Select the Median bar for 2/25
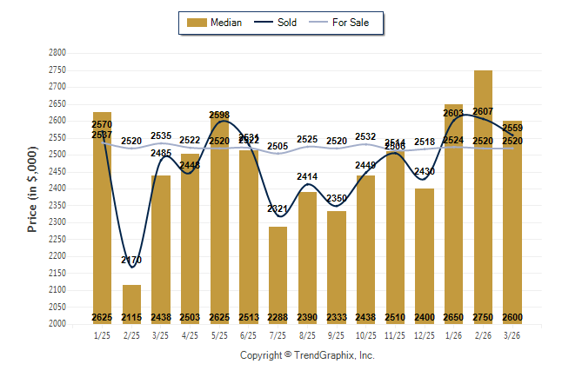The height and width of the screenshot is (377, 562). pos(131,304)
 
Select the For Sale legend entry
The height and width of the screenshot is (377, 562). pos(351,23)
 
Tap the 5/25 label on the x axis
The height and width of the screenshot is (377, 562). pos(219,334)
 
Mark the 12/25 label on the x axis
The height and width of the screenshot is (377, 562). pos(425,334)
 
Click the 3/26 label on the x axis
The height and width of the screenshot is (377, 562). pos(512,334)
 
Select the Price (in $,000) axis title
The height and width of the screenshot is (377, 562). pos(32,188)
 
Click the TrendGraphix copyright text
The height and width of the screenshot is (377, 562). pos(307,355)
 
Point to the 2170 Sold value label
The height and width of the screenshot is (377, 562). pos(131,260)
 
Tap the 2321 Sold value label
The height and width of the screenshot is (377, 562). pos(278,209)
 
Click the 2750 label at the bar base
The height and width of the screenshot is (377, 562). pos(483,318)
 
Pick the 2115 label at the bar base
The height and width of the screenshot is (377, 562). pos(131,318)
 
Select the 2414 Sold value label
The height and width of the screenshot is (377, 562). pos(307,177)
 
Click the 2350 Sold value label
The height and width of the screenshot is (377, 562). pos(337,199)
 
